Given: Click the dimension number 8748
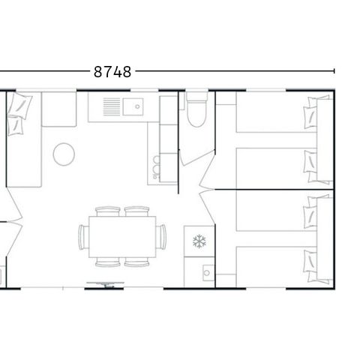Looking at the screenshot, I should pyautogui.click(x=113, y=72).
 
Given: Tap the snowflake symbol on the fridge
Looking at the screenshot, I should pyautogui.click(x=199, y=241).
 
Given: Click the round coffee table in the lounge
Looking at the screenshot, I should pyautogui.click(x=64, y=154).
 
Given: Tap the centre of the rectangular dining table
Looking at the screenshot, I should pyautogui.click(x=123, y=235).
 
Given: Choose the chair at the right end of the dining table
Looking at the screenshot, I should pyautogui.click(x=161, y=235).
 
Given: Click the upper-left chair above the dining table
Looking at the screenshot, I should pyautogui.click(x=109, y=211).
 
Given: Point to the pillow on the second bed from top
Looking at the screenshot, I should pyautogui.click(x=310, y=160).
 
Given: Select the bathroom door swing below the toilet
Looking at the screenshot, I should pyautogui.click(x=191, y=154).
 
